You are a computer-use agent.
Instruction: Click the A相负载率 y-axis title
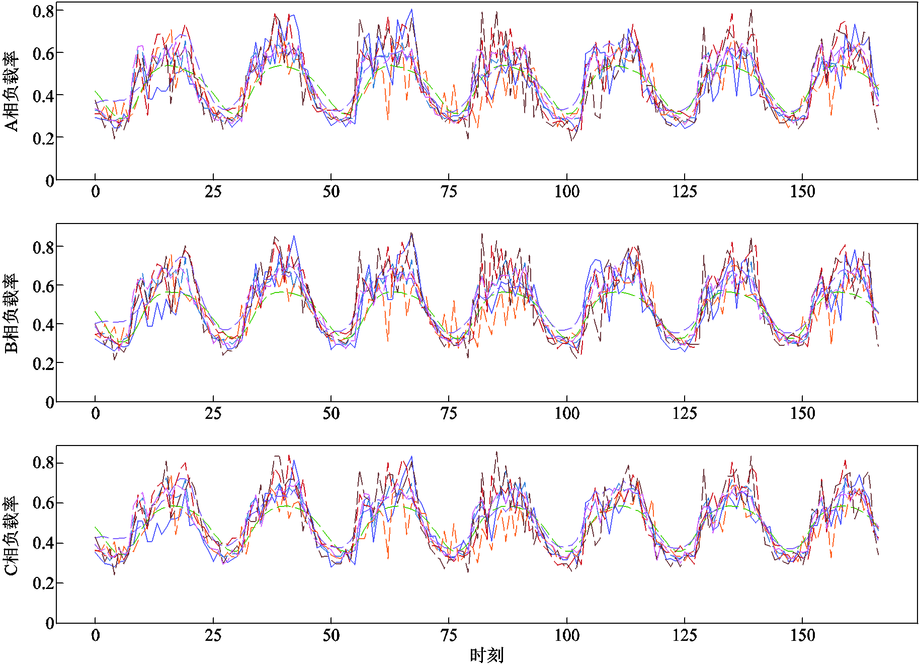pos(11,91)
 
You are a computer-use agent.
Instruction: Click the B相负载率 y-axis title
pos(11,313)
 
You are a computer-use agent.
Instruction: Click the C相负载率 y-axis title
pos(11,536)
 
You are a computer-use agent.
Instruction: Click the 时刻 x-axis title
pos(486,655)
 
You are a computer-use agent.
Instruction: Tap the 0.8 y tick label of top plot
pos(43,11)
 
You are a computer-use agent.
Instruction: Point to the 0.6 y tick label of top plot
pos(43,53)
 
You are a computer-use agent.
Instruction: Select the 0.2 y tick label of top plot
pos(43,138)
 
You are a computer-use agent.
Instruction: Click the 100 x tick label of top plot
pos(567,192)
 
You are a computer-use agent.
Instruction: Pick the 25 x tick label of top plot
pos(213,192)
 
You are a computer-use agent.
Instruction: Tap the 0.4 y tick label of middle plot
pos(43,325)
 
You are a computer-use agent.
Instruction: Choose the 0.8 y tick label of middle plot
pos(43,247)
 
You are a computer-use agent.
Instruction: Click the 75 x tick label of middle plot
pos(449,414)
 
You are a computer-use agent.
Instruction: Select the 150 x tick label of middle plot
pos(802,414)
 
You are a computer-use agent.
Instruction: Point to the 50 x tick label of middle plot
pos(331,414)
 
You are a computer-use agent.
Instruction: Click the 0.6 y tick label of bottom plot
pos(43,503)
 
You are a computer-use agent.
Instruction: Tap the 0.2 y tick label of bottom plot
pos(43,583)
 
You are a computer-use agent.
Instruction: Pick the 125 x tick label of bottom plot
pos(685,635)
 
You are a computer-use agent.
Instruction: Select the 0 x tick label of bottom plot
pos(96,635)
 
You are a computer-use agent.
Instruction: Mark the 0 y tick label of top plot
pos(50,181)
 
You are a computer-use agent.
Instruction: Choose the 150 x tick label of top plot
pos(802,192)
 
